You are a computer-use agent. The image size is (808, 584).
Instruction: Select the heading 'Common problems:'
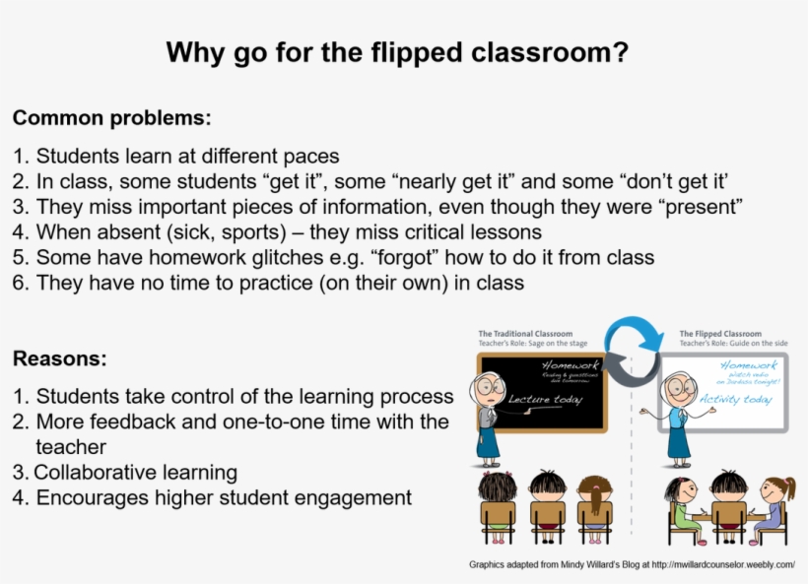(x=111, y=118)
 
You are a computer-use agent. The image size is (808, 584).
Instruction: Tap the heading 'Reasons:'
(x=60, y=358)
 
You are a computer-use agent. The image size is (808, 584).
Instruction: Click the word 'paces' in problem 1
(x=310, y=156)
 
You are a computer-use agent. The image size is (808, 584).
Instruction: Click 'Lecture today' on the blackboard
(x=544, y=400)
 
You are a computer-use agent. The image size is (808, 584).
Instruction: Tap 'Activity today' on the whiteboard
(x=735, y=400)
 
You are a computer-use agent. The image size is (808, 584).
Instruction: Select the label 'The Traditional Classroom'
(x=524, y=335)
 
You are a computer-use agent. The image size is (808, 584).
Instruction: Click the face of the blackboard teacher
(x=489, y=388)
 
